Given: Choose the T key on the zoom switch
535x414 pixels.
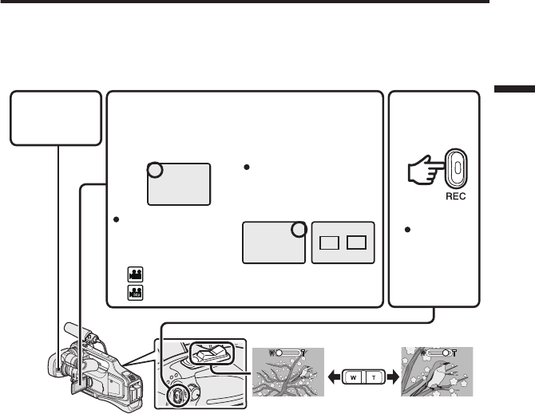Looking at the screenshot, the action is click(x=374, y=376).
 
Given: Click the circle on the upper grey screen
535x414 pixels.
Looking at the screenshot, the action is click(x=156, y=170).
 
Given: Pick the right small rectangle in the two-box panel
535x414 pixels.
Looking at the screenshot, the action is click(x=357, y=242).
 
